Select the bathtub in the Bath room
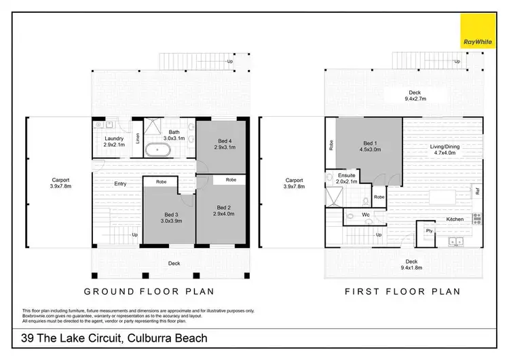click(x=162, y=148)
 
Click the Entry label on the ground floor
click(x=120, y=183)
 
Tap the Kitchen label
click(x=455, y=219)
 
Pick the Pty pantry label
click(x=429, y=231)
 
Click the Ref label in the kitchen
click(x=478, y=192)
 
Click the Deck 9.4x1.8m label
click(x=411, y=264)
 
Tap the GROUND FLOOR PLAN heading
click(x=138, y=291)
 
